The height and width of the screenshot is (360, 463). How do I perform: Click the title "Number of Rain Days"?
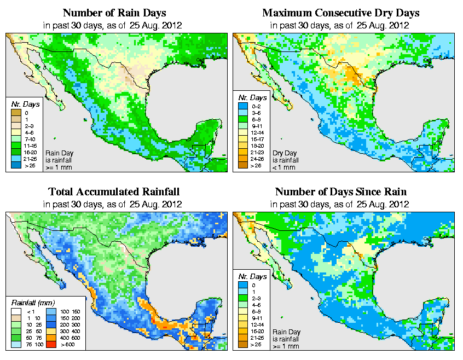pyautogui.click(x=114, y=13)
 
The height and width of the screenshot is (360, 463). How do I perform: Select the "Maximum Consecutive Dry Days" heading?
pyautogui.click(x=340, y=13)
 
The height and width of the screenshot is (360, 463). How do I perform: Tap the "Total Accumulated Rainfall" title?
pyautogui.click(x=114, y=192)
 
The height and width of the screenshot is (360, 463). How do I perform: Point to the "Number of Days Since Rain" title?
pyautogui.click(x=340, y=192)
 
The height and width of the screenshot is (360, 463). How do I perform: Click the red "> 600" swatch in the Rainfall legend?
pyautogui.click(x=50, y=344)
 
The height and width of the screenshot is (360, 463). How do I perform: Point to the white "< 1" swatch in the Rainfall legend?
pyautogui.click(x=16, y=311)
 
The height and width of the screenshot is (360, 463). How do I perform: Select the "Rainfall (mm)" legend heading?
pyautogui.click(x=32, y=302)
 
